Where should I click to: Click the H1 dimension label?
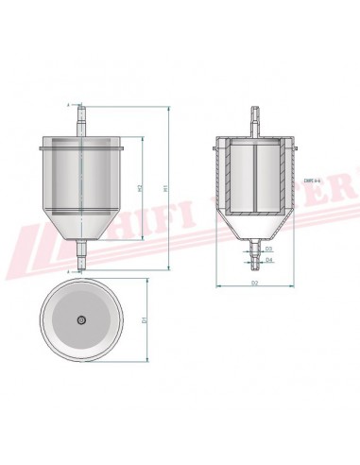tap(166, 189)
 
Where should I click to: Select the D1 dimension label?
tap(144, 321)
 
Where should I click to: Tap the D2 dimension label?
tap(255, 282)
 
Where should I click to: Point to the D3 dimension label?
tap(269, 249)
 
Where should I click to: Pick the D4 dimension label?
tap(269, 259)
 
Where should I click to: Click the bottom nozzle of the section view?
tap(253, 250)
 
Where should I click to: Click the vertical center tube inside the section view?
tap(254, 180)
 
